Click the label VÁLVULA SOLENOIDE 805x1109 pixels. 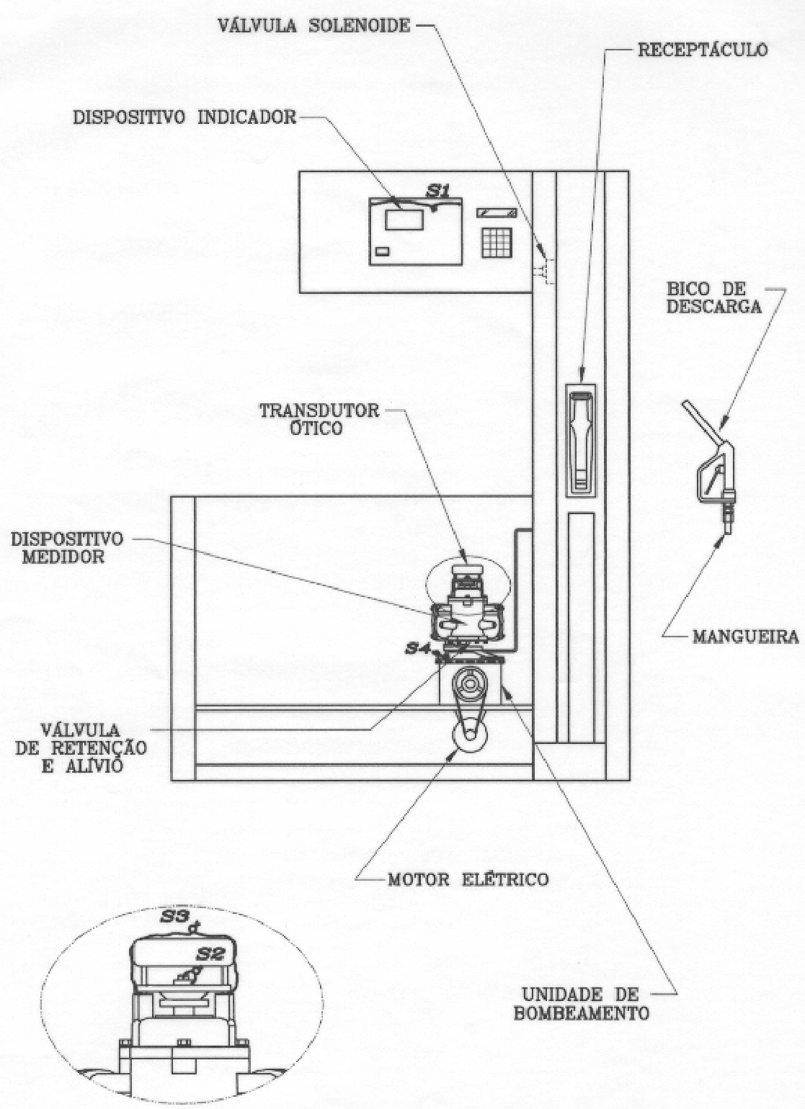(x=314, y=25)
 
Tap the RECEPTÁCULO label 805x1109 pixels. (x=703, y=50)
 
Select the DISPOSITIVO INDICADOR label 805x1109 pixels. (x=184, y=117)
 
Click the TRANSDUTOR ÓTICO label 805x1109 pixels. (x=319, y=419)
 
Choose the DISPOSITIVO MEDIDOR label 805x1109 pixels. (x=67, y=547)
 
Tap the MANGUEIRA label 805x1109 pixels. (x=745, y=636)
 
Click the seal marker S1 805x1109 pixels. (x=439, y=192)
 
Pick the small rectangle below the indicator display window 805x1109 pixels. (x=383, y=251)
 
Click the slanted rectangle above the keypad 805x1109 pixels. (x=497, y=212)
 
